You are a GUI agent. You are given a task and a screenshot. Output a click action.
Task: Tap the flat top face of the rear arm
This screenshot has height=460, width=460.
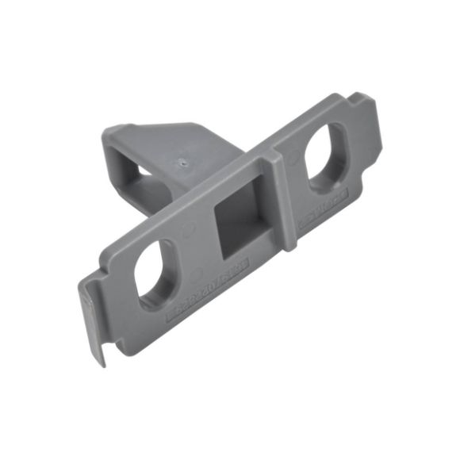[x=174, y=139]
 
